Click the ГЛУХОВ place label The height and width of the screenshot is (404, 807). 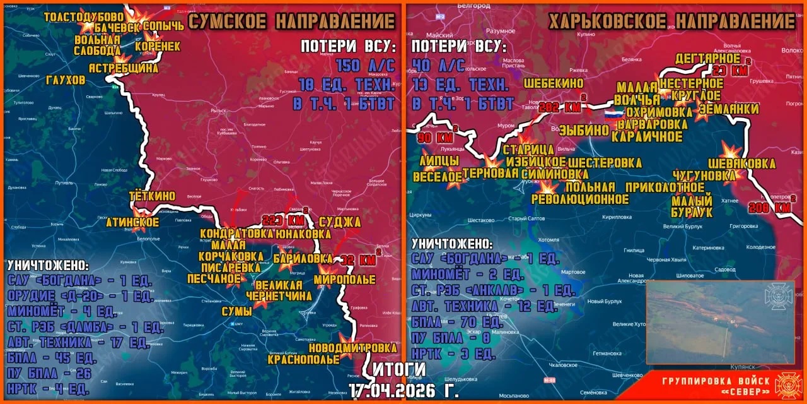pyautogui.click(x=66, y=80)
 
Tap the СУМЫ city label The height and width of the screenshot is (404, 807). pyautogui.click(x=236, y=311)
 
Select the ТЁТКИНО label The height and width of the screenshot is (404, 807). pyautogui.click(x=152, y=196)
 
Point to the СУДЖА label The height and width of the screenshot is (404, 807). pyautogui.click(x=340, y=222)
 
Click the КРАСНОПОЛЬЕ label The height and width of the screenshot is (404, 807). pyautogui.click(x=296, y=360)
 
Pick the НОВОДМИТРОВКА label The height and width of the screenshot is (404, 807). pyautogui.click(x=353, y=348)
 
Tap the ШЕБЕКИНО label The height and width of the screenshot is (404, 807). pyautogui.click(x=554, y=83)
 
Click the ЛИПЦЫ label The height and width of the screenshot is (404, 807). pyautogui.click(x=434, y=161)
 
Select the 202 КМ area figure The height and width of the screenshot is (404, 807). pyautogui.click(x=560, y=107)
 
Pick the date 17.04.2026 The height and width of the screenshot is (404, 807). pyautogui.click(x=403, y=389)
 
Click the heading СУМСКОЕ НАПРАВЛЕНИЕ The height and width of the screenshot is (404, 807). pyautogui.click(x=292, y=21)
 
